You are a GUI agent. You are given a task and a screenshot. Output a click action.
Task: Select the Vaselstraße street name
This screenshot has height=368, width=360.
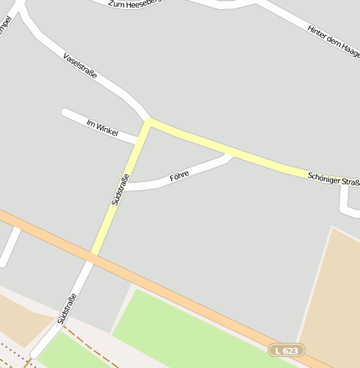coord(81,65)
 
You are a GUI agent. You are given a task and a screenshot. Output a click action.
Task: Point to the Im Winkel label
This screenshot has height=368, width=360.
coord(101,127)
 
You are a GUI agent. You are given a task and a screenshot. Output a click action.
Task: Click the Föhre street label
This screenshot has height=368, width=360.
coord(179,175)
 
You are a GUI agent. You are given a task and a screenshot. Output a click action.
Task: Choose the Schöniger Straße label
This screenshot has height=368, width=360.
coord(333,178)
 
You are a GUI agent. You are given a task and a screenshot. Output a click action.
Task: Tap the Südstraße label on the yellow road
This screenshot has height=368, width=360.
coord(120,189)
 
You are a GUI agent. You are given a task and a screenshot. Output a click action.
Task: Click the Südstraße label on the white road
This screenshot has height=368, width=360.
coord(67,308)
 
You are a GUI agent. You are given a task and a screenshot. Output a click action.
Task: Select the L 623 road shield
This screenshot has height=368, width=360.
coord(287,349)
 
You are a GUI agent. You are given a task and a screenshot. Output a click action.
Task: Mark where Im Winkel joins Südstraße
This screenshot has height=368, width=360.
coord(138,140)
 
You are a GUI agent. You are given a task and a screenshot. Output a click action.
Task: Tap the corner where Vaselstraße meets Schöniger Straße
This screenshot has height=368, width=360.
coord(150,122)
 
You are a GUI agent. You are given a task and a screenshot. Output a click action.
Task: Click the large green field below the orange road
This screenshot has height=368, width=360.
coord(193,331)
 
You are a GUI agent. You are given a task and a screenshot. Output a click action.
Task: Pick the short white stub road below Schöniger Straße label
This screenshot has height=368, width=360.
coord(346,198)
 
